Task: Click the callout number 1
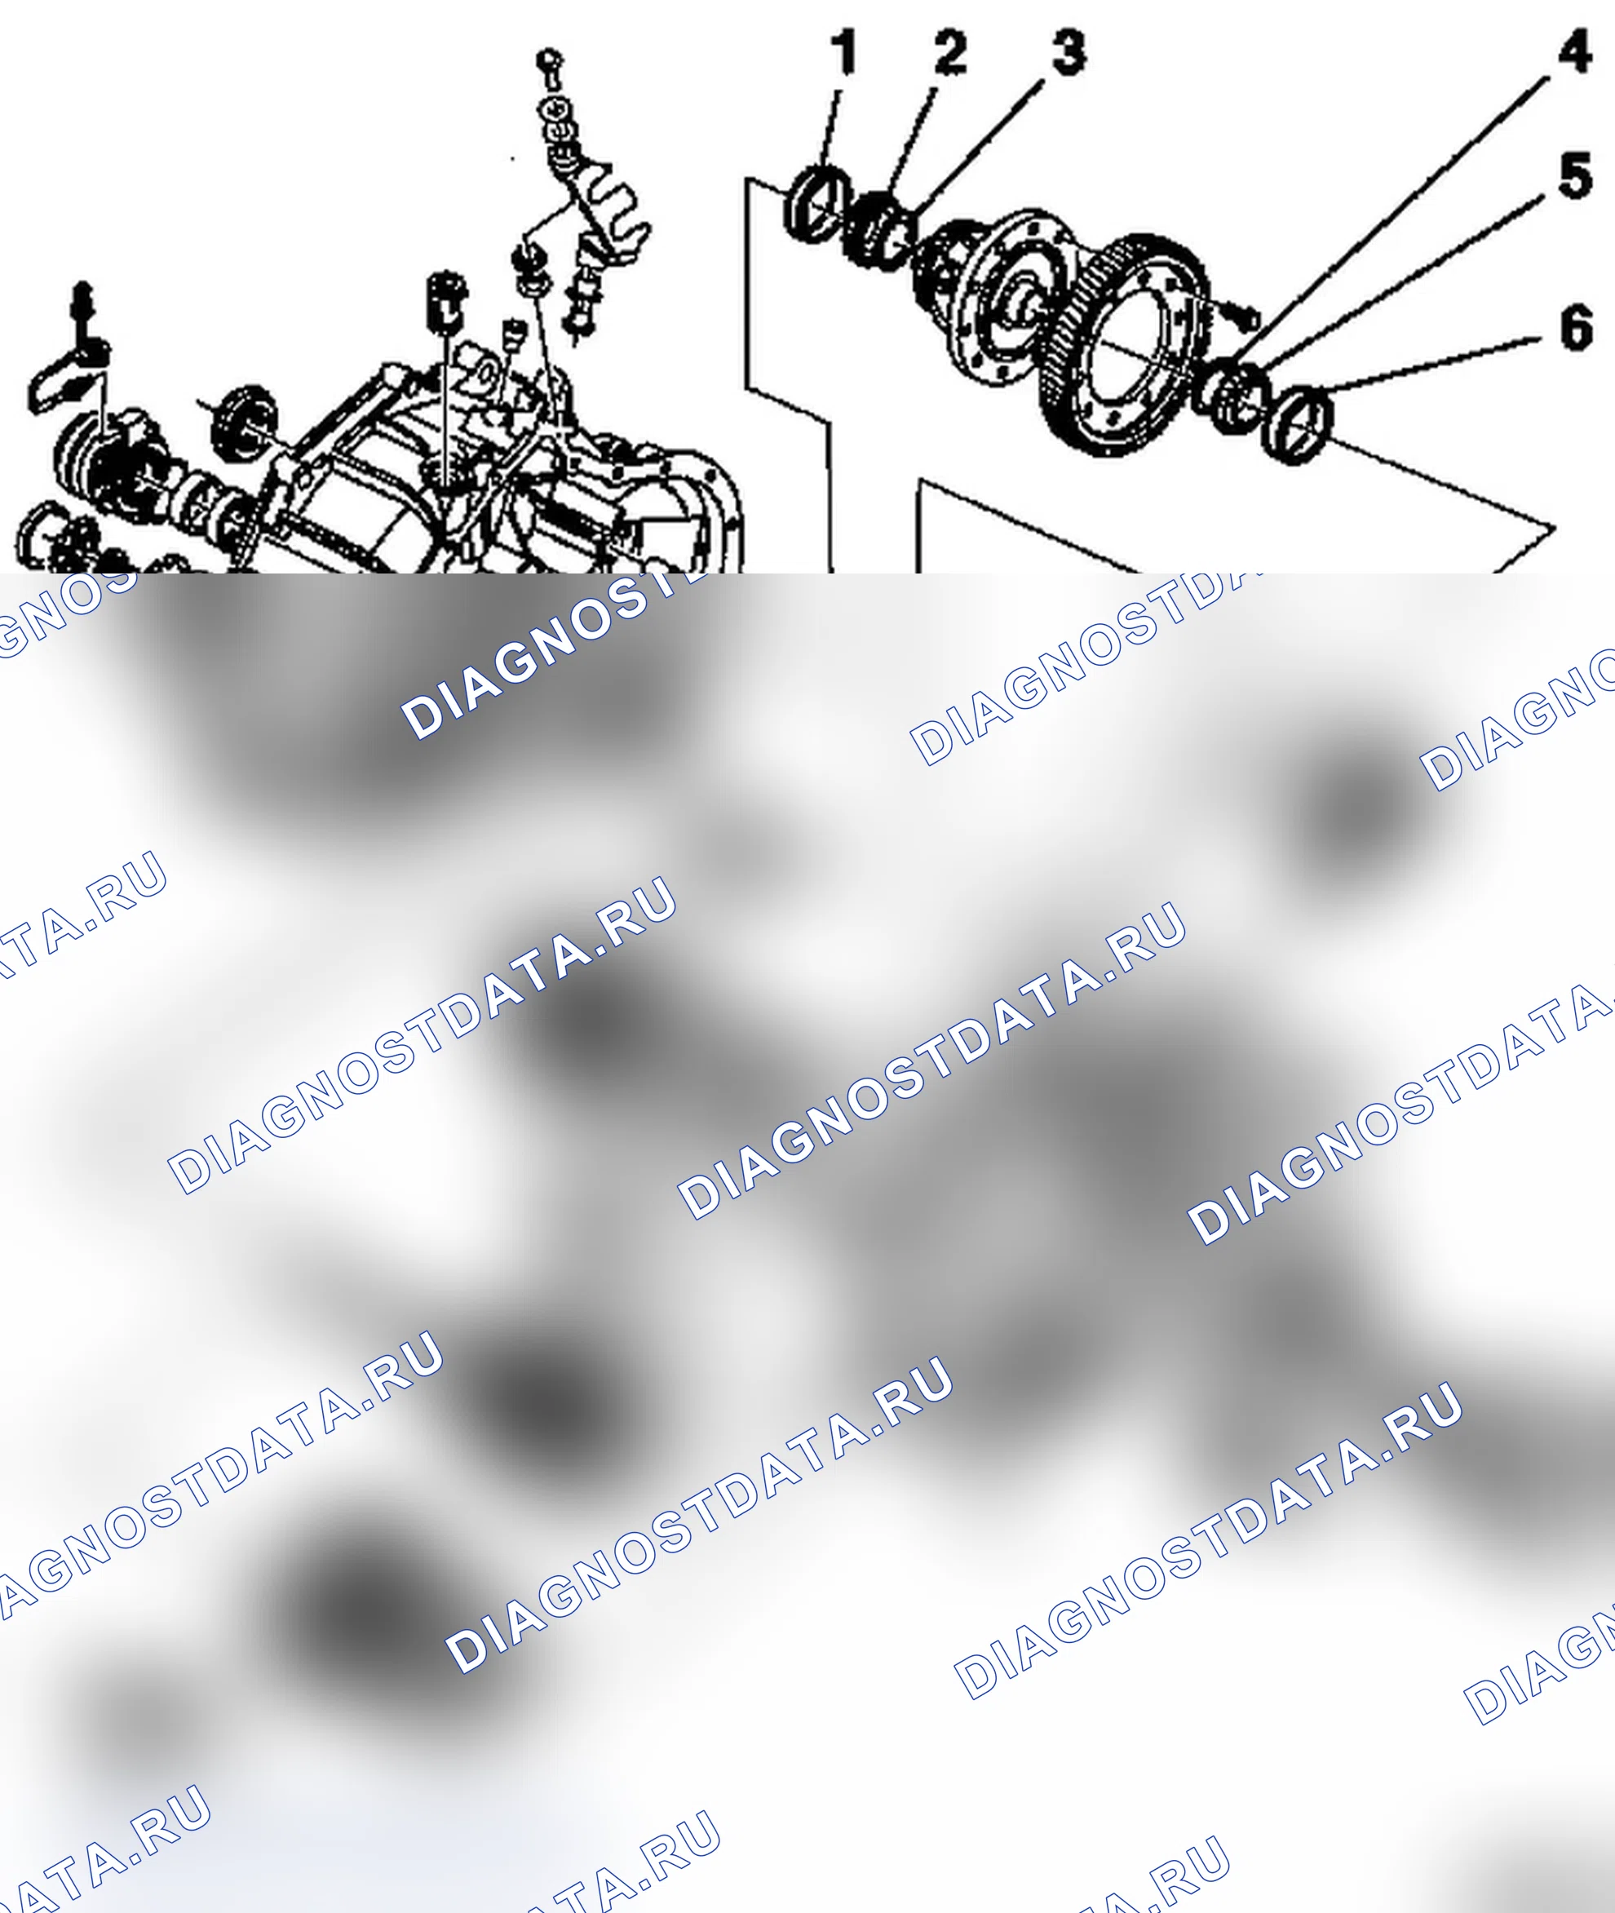845,52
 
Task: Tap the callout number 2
950,52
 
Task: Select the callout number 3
1069,52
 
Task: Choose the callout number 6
1576,328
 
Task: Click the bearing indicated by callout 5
1240,398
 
